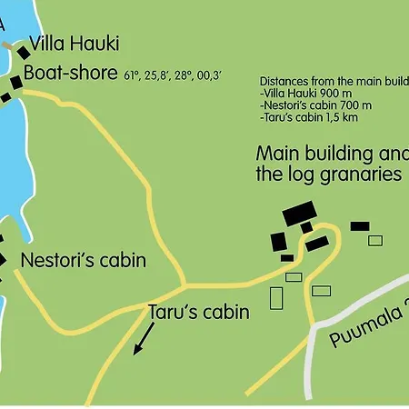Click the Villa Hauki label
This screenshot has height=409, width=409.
75,44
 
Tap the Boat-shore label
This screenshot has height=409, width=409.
71,73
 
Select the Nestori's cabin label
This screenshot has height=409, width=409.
83,261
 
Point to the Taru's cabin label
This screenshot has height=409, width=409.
198,313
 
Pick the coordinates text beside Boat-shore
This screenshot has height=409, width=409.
174,76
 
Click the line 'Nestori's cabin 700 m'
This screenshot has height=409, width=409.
314,106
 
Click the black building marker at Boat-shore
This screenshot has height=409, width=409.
15,83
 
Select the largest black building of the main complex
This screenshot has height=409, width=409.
298,214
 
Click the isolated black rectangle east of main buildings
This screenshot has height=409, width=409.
360,225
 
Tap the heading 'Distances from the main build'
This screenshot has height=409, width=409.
334,80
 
